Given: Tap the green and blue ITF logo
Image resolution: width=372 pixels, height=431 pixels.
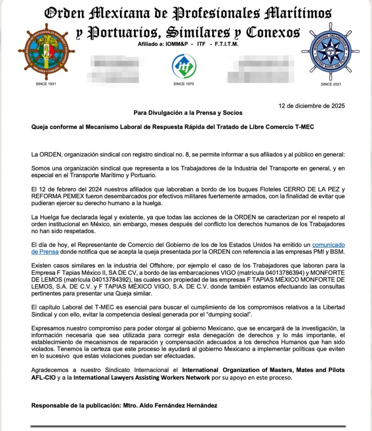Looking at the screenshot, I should click(x=184, y=66).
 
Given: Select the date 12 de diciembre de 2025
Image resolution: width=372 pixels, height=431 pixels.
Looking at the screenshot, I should click(x=312, y=106).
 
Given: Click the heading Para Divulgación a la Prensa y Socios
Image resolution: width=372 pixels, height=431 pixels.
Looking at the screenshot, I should click(x=188, y=113).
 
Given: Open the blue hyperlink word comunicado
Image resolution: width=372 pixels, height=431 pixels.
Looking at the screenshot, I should click(x=328, y=245).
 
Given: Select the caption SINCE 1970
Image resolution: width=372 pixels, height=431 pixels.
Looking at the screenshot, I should click(x=184, y=84).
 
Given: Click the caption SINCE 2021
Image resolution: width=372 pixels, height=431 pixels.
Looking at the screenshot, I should click(x=331, y=84).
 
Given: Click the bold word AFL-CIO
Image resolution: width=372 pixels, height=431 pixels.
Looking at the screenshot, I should click(x=43, y=377).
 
